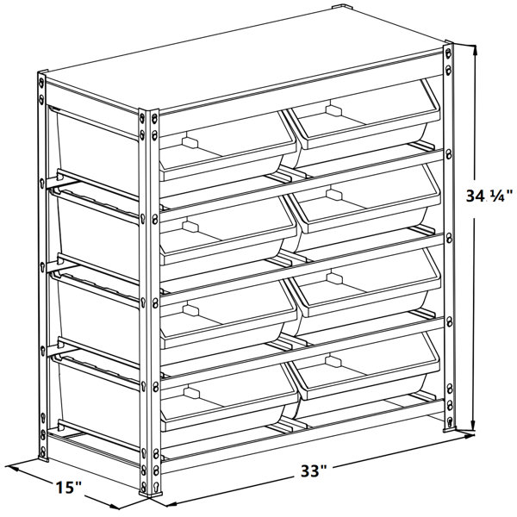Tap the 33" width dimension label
coord(315,472)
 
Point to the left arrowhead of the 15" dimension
coord(10,468)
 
